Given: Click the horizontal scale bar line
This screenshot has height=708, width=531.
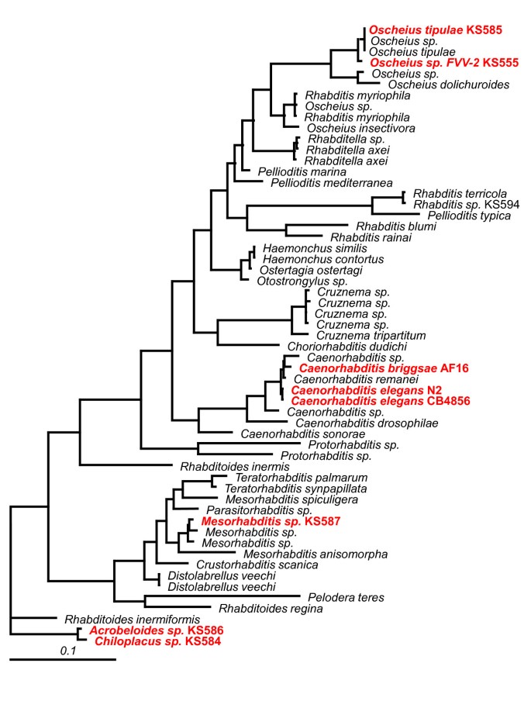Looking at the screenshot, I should [x=63, y=659].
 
